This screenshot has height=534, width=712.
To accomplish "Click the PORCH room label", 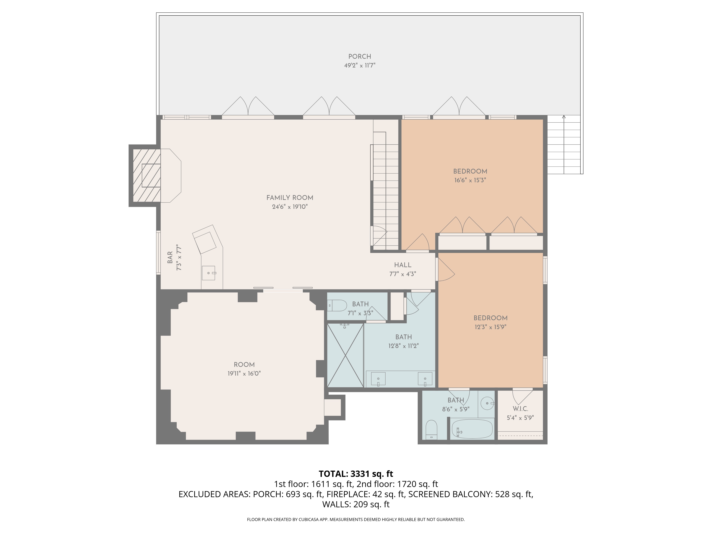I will (360, 57).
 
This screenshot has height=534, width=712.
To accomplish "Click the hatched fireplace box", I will (146, 176).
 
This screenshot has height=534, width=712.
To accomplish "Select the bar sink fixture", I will (209, 273).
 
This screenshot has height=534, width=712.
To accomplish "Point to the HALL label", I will (403, 265).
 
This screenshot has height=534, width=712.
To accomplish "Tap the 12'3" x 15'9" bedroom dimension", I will (490, 327).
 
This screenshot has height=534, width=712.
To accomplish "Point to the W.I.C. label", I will (520, 409).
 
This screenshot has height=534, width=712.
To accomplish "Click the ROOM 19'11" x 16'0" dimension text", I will (244, 374).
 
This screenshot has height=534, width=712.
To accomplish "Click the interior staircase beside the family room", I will (386, 193).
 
